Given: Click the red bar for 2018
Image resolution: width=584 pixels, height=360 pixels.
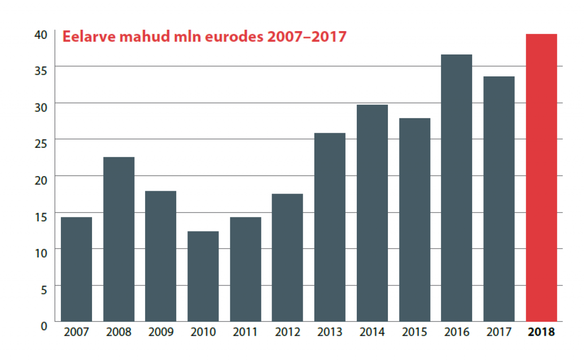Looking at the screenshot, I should tap(541, 178).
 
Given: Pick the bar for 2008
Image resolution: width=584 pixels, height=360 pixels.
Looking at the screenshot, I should tap(119, 239).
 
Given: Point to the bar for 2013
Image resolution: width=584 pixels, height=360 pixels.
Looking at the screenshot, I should tap(330, 227).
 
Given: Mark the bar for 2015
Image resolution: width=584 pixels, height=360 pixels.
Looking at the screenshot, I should tap(415, 219).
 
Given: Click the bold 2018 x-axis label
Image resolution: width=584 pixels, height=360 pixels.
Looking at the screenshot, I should tap(541, 333).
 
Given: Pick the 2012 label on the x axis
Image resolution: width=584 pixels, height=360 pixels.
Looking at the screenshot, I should tap(288, 333).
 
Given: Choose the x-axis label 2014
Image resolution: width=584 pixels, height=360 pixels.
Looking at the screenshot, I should tap(372, 333).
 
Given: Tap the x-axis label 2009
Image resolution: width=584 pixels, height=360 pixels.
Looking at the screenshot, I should tap(161, 333).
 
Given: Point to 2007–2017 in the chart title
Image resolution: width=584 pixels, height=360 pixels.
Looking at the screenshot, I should tap(307, 37).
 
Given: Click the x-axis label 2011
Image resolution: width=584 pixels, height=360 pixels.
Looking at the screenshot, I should tap(245, 333).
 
